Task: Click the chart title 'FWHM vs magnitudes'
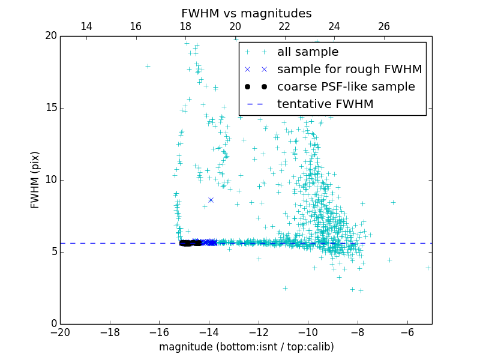(246, 13)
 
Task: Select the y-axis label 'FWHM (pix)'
(35, 179)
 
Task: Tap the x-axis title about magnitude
(246, 347)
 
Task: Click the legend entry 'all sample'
(308, 52)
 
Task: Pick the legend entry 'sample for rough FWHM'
(349, 70)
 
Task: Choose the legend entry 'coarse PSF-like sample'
(346, 87)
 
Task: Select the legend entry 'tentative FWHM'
(325, 104)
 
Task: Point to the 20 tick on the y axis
(50, 36)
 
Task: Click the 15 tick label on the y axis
(50, 108)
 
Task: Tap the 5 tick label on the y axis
(53, 252)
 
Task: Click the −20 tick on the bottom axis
(60, 332)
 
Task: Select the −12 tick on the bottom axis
(259, 332)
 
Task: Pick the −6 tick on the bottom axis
(407, 332)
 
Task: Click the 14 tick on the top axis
(86, 26)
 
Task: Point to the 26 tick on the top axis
(384, 26)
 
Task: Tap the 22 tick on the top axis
(284, 26)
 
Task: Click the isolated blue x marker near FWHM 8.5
(211, 200)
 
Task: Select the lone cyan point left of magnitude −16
(148, 66)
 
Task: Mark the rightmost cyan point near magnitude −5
(428, 268)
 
